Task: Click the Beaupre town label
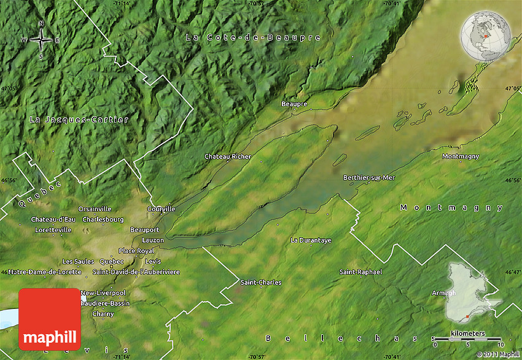[294, 104]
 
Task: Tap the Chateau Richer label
[228, 157]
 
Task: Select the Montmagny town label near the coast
[461, 157]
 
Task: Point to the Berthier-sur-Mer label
[369, 178]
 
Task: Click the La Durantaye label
[311, 240]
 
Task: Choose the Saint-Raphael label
[361, 272]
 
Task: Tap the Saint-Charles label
[261, 283]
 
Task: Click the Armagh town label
[444, 293]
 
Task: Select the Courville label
[162, 209]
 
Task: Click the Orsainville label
[95, 209]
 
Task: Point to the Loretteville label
[53, 230]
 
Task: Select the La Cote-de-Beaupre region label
[253, 38]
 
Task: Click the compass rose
[41, 40]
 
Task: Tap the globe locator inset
[486, 36]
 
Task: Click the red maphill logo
[50, 319]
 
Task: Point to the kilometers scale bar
[467, 338]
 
